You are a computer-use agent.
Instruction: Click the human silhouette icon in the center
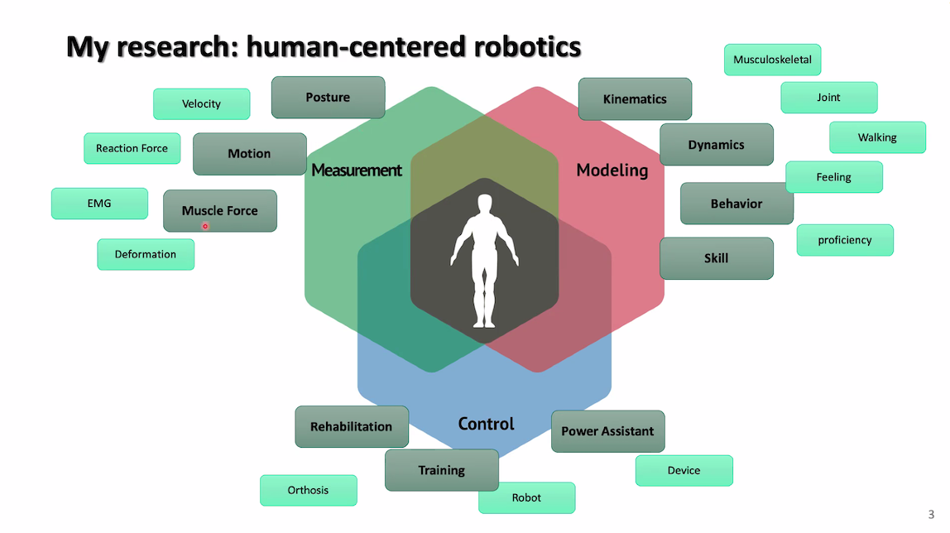484,260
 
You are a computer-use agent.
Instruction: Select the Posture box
328,98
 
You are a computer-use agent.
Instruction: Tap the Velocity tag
201,104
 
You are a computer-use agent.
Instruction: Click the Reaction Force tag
132,149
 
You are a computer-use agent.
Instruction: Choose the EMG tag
99,204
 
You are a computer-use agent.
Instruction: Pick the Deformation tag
146,255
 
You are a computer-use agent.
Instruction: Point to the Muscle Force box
220,211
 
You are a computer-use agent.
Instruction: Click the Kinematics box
635,99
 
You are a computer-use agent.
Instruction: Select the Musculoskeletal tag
772,60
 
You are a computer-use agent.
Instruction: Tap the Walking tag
877,138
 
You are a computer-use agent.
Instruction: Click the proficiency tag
845,240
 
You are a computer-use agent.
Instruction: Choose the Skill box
717,258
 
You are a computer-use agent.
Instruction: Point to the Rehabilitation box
352,427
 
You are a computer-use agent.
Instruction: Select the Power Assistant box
607,431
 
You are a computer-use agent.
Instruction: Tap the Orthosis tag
308,491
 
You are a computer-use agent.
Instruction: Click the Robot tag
526,498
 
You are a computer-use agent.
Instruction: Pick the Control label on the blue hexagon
487,425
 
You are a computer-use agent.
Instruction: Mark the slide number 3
931,513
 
